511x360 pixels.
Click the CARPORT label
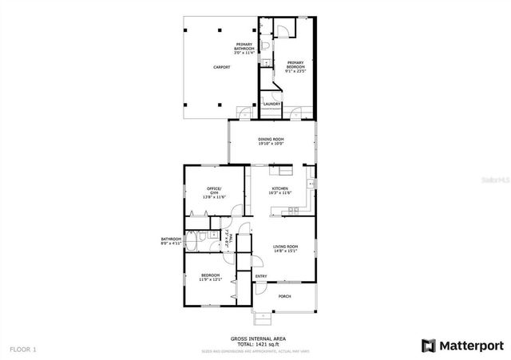[x=221, y=67]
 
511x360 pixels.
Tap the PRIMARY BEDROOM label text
[x=295, y=64]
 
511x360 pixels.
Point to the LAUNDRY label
[x=272, y=103]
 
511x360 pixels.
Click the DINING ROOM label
[x=271, y=140]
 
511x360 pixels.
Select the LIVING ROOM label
[x=285, y=247]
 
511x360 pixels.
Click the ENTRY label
[x=261, y=277]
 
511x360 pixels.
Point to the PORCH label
[x=284, y=296]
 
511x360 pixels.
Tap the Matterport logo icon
[x=428, y=346]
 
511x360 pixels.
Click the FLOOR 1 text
[x=23, y=349]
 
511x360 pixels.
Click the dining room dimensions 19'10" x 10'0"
[x=271, y=144]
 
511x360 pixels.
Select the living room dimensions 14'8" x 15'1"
[x=285, y=251]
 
